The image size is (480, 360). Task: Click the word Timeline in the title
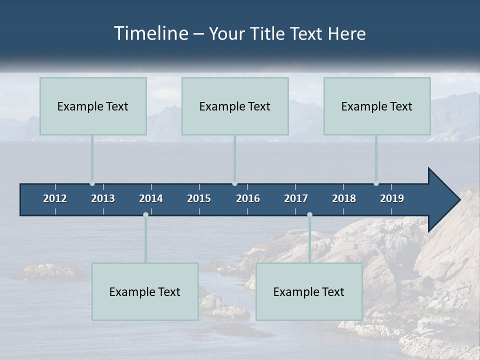pos(151,33)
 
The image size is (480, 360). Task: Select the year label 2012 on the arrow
pos(55,198)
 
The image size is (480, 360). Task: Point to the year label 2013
pos(103,198)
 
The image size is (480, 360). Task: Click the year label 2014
pos(151,198)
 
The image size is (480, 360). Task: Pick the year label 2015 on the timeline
pos(199,198)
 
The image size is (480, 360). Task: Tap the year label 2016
pos(248,198)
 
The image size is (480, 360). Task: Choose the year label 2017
pos(296,198)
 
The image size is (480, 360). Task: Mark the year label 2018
pos(344,198)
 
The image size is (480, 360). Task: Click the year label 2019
pos(392,198)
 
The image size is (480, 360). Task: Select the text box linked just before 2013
pos(93,106)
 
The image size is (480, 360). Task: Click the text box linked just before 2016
pos(235,106)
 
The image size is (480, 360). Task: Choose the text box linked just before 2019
pos(377,106)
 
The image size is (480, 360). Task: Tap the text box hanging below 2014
pos(145,291)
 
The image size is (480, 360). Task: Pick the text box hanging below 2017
pos(309,291)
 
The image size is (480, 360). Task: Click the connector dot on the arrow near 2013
pos(92,183)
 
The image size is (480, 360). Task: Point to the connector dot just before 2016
pos(235,183)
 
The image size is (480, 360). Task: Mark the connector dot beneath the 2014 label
pos(145,214)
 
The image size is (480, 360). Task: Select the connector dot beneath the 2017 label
pos(309,214)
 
